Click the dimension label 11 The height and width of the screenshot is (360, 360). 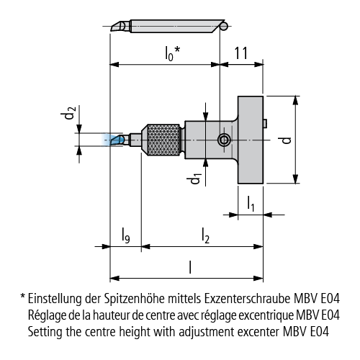240,53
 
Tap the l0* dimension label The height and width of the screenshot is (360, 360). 173,53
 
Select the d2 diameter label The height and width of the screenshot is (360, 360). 68,113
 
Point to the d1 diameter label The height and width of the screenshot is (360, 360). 194,179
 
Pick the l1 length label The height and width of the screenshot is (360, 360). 251,204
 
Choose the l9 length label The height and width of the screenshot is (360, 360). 125,235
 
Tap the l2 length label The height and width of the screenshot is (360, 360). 205,235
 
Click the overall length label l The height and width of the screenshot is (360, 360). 190,267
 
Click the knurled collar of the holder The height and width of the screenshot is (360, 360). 163,140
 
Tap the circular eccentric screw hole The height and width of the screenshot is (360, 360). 225,140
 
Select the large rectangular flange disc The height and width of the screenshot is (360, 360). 251,140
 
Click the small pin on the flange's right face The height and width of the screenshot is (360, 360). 265,123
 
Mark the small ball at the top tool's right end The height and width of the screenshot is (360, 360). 224,26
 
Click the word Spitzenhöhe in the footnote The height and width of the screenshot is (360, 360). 134,299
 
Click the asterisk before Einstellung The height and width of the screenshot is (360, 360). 23,297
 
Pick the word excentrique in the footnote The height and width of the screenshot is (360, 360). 265,315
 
